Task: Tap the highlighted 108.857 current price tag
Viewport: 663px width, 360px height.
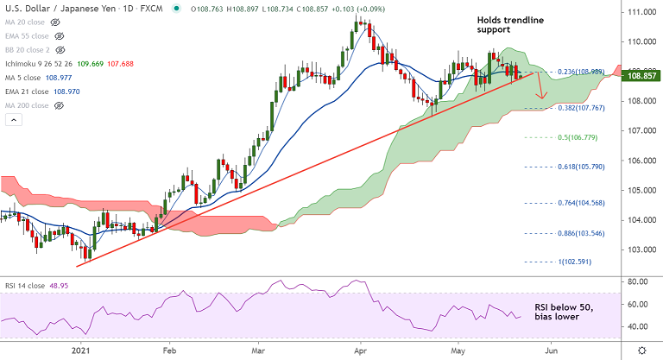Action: coord(641,76)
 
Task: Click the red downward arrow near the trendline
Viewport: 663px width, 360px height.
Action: coord(541,86)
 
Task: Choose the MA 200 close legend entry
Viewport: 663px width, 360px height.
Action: coord(31,105)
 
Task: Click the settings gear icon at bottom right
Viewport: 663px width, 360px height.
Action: coord(640,350)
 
